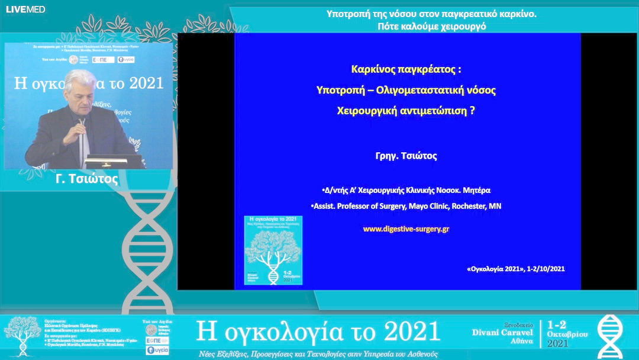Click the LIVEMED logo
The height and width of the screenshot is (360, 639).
pos(25,9)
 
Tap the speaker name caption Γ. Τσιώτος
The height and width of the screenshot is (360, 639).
pos(89,179)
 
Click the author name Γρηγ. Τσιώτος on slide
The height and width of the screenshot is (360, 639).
pos(406,156)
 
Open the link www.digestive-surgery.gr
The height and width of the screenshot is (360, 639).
pos(406,229)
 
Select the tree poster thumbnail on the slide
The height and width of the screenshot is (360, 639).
pos(273,250)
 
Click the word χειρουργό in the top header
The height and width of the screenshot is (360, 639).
pos(464,27)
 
